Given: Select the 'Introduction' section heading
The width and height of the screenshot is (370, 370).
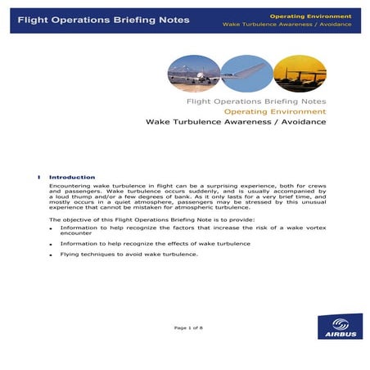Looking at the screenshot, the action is point(72,177).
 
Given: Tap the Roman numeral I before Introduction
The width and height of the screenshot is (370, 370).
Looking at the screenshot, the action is point(39,177).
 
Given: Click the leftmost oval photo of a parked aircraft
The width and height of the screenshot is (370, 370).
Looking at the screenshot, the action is point(193,73).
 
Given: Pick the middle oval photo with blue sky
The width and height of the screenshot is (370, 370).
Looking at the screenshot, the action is point(246,73).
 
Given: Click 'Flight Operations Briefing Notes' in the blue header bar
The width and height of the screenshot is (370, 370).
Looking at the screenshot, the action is point(103,19).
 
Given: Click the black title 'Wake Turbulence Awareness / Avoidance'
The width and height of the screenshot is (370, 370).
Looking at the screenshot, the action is point(236,122).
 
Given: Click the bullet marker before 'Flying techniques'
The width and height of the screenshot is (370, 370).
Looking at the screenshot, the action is point(51,255).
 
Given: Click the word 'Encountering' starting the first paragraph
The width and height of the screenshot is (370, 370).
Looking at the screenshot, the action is point(68,185).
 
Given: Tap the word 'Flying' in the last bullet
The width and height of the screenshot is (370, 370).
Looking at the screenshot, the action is point(70,254).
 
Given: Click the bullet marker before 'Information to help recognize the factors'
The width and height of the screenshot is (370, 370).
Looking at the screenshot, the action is point(51,227).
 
